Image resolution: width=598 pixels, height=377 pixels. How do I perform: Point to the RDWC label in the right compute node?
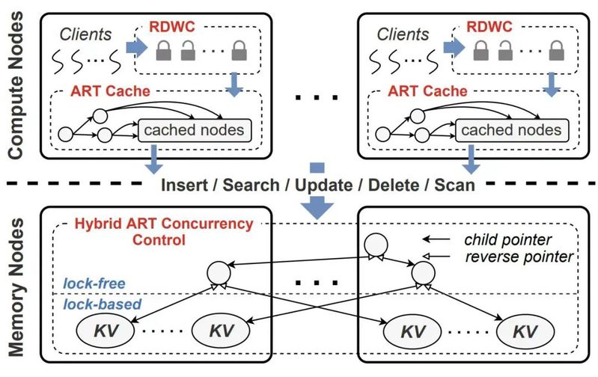490,25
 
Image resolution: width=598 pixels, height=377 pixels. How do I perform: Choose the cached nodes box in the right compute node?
510,130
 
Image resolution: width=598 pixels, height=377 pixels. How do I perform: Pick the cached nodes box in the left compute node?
192,130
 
